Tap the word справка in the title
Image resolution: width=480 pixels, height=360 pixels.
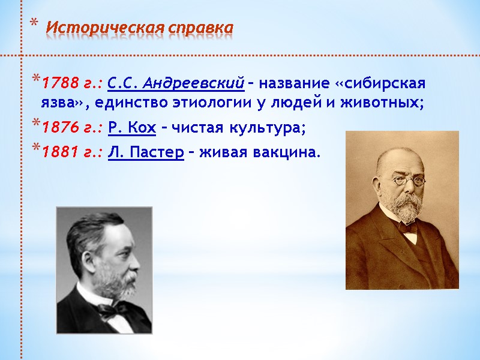point(201,28)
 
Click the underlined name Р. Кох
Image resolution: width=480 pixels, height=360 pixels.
point(132,128)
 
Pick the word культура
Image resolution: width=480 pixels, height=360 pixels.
point(268,128)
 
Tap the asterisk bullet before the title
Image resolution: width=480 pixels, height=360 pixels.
point(34,24)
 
